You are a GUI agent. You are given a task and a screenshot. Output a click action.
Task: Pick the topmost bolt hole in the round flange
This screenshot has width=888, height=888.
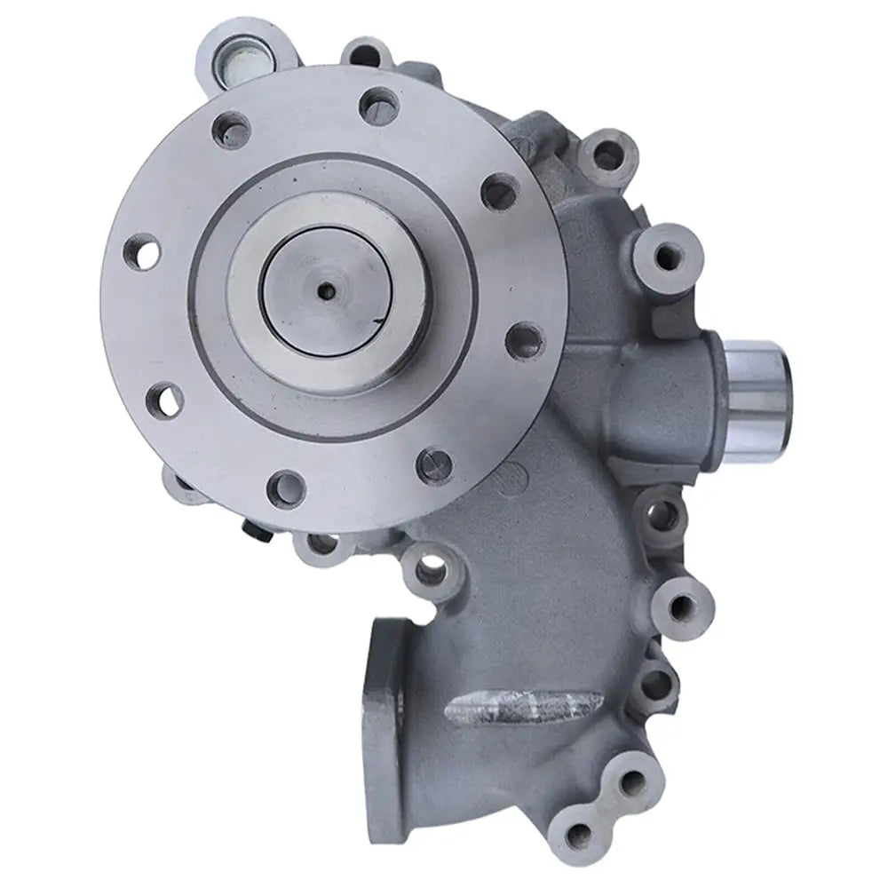[x=377, y=105]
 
